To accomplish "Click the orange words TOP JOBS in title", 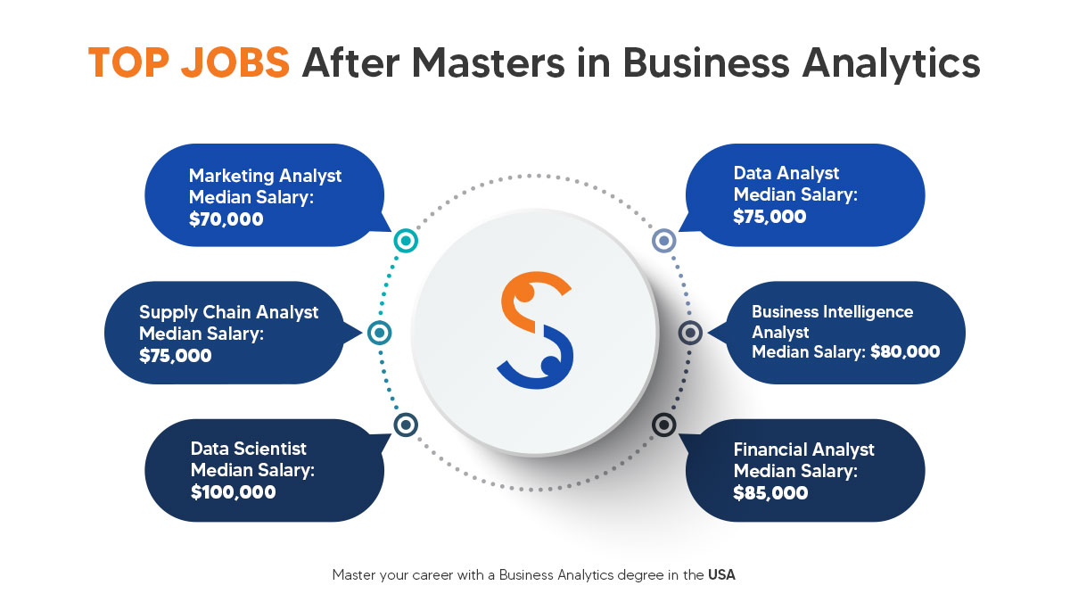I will [189, 65].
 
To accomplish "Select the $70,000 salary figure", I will [226, 217].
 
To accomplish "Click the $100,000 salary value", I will [233, 491].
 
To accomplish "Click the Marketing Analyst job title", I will [265, 176].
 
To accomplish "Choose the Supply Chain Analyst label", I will [228, 312].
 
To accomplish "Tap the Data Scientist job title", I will [248, 449].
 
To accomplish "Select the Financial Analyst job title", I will [803, 449].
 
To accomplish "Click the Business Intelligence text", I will [832, 312].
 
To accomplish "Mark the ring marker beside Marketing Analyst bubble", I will [405, 240].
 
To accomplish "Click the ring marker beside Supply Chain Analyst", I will [379, 333].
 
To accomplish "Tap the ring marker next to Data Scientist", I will [405, 425].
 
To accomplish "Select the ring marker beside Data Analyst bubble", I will [663, 240].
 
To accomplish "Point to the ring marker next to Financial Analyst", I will [663, 425].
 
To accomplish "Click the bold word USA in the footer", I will [721, 575].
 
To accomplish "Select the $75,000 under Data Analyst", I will [770, 216].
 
